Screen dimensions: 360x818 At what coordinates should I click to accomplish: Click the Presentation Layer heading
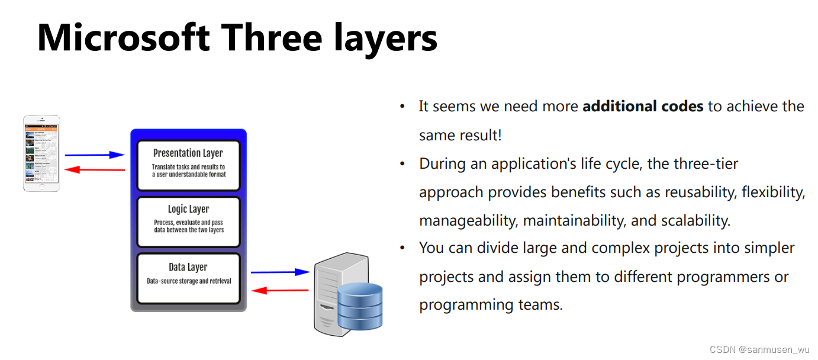[188, 153]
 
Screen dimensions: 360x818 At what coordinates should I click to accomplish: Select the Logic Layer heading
[188, 209]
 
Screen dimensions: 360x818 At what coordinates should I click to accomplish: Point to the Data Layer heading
[188, 267]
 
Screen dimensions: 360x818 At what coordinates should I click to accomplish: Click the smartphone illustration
[41, 153]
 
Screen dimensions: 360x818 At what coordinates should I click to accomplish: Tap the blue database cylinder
[359, 306]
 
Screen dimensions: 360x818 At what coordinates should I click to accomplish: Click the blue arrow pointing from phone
[95, 155]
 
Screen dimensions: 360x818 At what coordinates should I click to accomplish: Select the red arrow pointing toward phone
[95, 170]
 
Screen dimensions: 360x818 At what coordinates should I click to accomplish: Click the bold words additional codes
[643, 107]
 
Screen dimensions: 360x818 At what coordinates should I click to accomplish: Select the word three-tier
[708, 163]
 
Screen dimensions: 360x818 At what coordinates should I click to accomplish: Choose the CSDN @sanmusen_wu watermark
[760, 349]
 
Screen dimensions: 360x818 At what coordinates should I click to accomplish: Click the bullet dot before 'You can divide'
[402, 247]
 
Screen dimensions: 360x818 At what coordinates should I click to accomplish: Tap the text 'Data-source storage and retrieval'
[188, 281]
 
